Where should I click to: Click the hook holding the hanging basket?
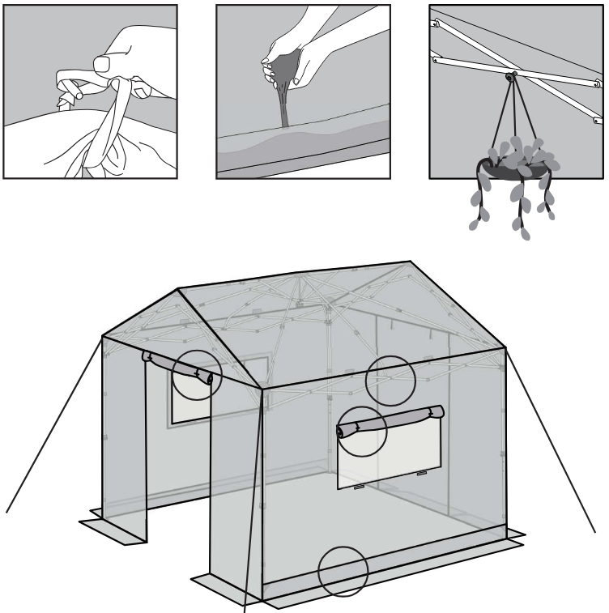tap(512, 78)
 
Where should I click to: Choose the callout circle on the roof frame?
tap(390, 379)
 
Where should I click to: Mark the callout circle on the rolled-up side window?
tap(361, 431)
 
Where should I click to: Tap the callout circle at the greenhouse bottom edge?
tap(343, 572)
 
